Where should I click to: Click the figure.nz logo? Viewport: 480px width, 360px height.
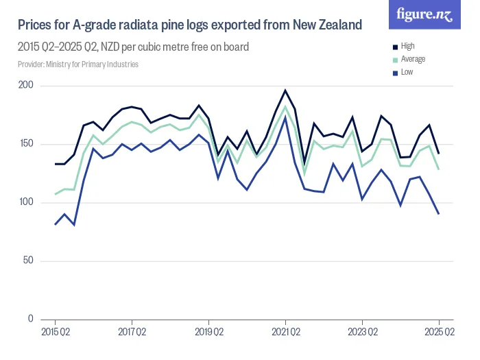point(424,15)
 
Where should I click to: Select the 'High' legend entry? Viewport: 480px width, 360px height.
point(407,46)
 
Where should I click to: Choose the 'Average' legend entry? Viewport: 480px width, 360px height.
point(413,59)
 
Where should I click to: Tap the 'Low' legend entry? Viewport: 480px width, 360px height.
point(407,72)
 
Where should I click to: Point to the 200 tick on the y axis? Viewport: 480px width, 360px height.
point(26,85)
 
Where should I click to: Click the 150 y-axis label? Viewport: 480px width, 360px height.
point(26,144)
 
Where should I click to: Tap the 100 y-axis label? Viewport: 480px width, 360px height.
point(26,202)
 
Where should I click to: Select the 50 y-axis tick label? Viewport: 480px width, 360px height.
point(28,261)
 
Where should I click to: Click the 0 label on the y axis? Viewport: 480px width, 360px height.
point(31,319)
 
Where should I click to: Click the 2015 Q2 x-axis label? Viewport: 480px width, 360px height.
point(55,333)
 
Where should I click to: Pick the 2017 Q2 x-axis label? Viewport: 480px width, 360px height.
point(132,333)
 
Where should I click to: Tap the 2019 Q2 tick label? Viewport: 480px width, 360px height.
point(208,333)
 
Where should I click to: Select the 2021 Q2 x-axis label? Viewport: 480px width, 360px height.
point(285,333)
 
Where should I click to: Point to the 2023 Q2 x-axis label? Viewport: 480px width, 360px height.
point(362,333)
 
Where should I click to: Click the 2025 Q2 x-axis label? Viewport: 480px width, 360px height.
point(439,333)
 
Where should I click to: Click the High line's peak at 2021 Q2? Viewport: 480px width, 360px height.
point(285,91)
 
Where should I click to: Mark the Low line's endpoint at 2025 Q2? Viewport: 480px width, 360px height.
point(439,214)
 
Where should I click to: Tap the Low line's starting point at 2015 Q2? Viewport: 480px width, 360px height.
point(55,224)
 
